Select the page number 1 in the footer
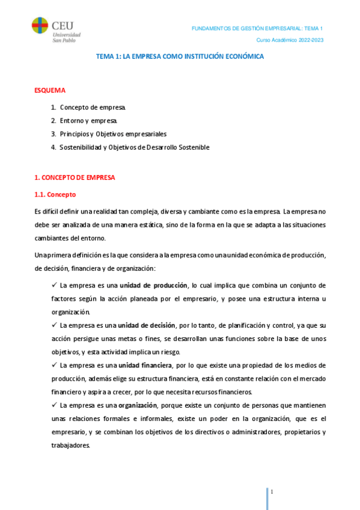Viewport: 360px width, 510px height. point(272,493)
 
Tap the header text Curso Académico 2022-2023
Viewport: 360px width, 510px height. point(290,40)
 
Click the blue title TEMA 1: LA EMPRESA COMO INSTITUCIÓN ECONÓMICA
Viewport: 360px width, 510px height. point(180,56)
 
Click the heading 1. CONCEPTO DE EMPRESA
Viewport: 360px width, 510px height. point(75,178)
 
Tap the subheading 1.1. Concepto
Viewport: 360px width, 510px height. point(55,195)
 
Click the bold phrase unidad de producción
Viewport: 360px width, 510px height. point(153,285)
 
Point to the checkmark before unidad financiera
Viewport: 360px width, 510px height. point(55,365)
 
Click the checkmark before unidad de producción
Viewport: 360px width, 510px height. point(55,284)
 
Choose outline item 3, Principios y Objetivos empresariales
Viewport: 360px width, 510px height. point(112,134)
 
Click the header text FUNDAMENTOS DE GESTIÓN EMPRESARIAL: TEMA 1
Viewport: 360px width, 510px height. point(257,29)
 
